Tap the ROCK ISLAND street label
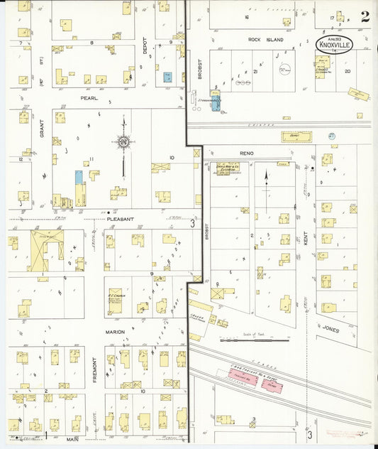(267, 40)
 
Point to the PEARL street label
(89, 97)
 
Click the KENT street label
(306, 239)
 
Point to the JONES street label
(330, 330)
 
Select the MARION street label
(116, 331)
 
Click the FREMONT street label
(95, 369)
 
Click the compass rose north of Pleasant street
(125, 142)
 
